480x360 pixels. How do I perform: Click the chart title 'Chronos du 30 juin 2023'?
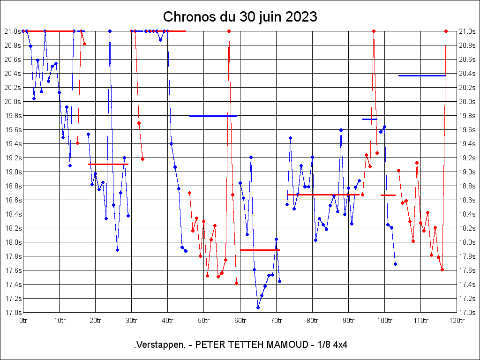pyautogui.click(x=240, y=17)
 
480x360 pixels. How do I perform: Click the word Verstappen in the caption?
pyautogui.click(x=159, y=345)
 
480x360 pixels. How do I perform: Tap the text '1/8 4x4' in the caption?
pyautogui.click(x=332, y=345)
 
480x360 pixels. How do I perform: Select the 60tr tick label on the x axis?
pyautogui.click(x=240, y=321)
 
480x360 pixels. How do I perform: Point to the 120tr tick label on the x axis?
pyautogui.click(x=457, y=321)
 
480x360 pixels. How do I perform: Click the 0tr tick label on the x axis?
pyautogui.click(x=23, y=321)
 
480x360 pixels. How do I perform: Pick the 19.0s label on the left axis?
pyautogui.click(x=13, y=172)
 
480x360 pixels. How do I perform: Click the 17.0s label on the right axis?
pyautogui.click(x=467, y=313)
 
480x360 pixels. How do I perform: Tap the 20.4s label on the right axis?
pyautogui.click(x=467, y=74)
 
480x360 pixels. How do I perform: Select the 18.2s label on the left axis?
pyautogui.click(x=13, y=228)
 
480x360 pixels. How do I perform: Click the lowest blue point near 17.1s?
pyautogui.click(x=258, y=307)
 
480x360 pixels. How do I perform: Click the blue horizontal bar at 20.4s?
pyautogui.click(x=422, y=75)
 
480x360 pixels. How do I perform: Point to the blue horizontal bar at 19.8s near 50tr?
pyautogui.click(x=213, y=116)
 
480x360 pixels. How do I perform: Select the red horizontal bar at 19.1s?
pyautogui.click(x=108, y=164)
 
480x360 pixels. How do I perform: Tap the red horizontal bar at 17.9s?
pyautogui.click(x=260, y=250)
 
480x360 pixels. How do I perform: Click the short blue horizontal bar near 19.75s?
pyautogui.click(x=370, y=119)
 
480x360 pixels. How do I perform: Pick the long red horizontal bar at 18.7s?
pyautogui.click(x=323, y=195)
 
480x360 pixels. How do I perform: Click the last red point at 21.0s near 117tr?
pyautogui.click(x=446, y=31)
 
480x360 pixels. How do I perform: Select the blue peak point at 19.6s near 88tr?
pyautogui.click(x=341, y=130)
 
